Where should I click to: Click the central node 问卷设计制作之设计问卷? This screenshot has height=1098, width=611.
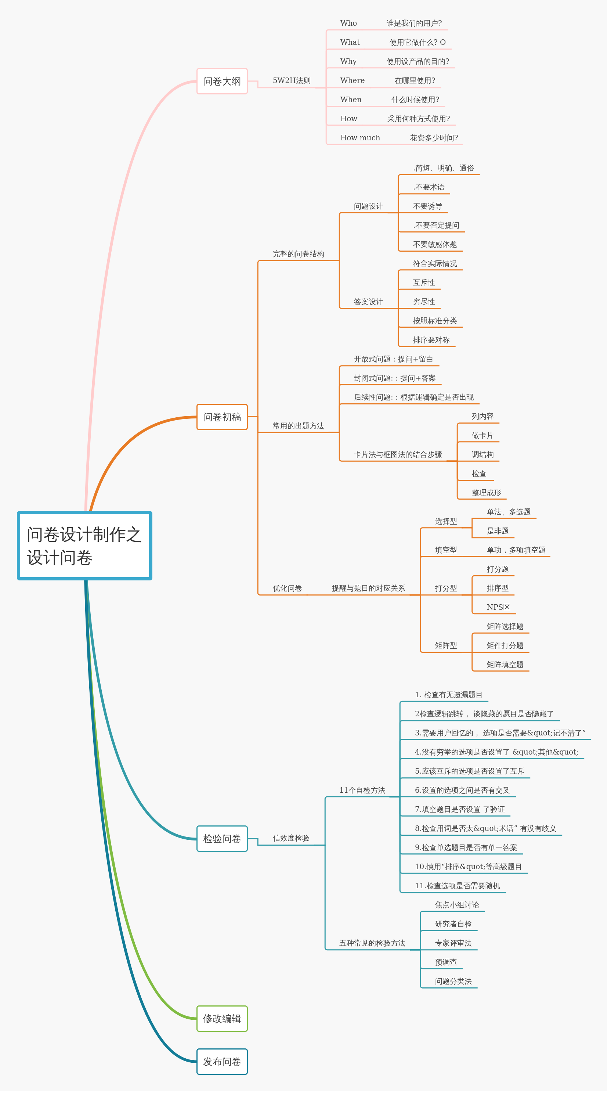pyautogui.click(x=84, y=546)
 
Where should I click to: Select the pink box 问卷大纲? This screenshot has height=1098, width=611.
pyautogui.click(x=222, y=81)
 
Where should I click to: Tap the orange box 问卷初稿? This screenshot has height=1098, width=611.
pyautogui.click(x=222, y=417)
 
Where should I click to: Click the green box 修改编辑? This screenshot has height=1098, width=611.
pyautogui.click(x=222, y=1019)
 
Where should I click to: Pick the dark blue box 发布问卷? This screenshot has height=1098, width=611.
pyautogui.click(x=222, y=1062)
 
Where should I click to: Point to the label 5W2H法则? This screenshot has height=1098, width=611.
pyautogui.click(x=292, y=80)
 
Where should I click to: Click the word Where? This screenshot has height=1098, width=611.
pyautogui.click(x=352, y=80)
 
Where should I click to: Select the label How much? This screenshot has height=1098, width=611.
pyautogui.click(x=360, y=138)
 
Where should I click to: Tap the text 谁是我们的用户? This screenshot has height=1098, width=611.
pyautogui.click(x=414, y=23)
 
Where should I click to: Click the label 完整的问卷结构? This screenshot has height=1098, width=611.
pyautogui.click(x=298, y=254)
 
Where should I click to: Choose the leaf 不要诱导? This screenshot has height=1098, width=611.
pyautogui.click(x=427, y=206)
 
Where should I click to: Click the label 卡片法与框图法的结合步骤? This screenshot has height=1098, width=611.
pyautogui.click(x=398, y=455)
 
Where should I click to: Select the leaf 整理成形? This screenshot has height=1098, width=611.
pyautogui.click(x=486, y=493)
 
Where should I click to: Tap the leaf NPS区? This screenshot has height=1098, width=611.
pyautogui.click(x=498, y=607)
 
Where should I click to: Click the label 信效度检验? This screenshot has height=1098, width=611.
pyautogui.click(x=291, y=838)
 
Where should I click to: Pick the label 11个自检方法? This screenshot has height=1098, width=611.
pyautogui.click(x=362, y=790)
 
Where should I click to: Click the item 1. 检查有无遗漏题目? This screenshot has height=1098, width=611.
pyautogui.click(x=448, y=695)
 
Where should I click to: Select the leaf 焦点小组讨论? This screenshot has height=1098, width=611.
pyautogui.click(x=457, y=905)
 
